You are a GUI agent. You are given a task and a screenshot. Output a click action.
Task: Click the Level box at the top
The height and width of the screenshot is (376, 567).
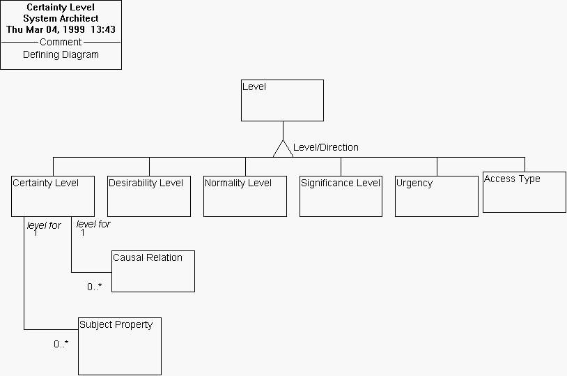coord(282,100)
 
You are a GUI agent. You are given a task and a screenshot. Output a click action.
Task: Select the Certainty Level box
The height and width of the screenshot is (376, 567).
coord(53,196)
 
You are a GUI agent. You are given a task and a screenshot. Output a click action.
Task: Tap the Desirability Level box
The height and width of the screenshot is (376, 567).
coord(149,196)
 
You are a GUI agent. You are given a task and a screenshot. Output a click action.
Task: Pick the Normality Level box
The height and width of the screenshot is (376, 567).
coord(245,196)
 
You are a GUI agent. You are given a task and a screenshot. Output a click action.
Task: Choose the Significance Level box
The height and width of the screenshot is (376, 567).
coord(341,196)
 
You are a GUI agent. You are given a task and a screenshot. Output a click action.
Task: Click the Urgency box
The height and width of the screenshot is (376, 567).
coord(437,196)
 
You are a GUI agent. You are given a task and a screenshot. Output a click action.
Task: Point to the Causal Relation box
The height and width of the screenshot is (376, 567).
coord(153,271)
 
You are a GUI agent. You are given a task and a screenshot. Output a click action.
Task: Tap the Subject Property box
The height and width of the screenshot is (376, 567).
coord(120,346)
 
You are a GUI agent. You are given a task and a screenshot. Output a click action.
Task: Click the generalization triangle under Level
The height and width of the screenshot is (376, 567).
coord(283,149)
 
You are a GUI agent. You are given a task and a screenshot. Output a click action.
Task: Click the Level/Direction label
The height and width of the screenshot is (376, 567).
coord(326,147)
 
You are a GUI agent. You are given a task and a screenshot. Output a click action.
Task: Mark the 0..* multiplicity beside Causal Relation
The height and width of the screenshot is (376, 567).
coord(95,286)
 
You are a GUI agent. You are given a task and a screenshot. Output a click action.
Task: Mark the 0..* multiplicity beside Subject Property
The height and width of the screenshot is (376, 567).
coord(61,344)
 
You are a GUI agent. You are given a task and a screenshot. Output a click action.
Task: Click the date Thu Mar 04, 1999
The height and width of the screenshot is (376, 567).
coord(45,29)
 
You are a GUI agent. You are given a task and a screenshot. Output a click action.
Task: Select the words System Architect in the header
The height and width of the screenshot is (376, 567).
coord(61,18)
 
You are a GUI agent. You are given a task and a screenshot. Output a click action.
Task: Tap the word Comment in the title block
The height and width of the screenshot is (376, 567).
coord(61,42)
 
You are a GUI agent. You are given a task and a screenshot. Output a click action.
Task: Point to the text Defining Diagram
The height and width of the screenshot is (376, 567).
coord(61,54)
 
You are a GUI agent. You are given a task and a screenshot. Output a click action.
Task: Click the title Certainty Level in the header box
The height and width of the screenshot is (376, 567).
coord(61,7)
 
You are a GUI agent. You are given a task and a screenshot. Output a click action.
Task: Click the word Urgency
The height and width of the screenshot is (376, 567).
coord(414,183)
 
